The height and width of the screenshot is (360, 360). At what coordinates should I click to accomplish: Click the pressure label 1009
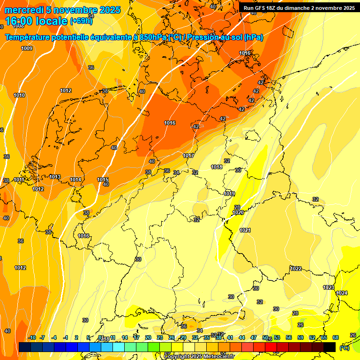27,48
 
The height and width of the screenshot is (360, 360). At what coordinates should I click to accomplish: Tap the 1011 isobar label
19,180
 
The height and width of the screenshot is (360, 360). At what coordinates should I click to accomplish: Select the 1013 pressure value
55,177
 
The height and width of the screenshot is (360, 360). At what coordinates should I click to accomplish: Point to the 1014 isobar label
75,180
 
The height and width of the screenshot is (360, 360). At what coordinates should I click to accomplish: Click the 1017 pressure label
188,156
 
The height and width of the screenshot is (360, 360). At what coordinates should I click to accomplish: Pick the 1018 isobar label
216,167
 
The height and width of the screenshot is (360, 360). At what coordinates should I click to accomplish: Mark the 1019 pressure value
229,194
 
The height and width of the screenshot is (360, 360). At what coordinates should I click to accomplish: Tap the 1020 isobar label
238,212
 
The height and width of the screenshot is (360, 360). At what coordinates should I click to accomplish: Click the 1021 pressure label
245,230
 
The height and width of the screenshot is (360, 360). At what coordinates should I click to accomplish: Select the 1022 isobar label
296,269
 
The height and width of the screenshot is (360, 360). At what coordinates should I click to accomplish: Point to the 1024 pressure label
342,293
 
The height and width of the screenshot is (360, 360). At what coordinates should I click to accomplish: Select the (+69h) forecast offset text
81,21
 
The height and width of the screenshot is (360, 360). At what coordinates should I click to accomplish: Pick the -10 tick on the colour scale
32,337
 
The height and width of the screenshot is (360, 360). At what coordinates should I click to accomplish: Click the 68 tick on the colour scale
336,337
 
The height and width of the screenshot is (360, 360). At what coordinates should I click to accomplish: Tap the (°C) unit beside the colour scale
345,348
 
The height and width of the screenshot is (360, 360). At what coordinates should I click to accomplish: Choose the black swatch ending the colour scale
330,347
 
